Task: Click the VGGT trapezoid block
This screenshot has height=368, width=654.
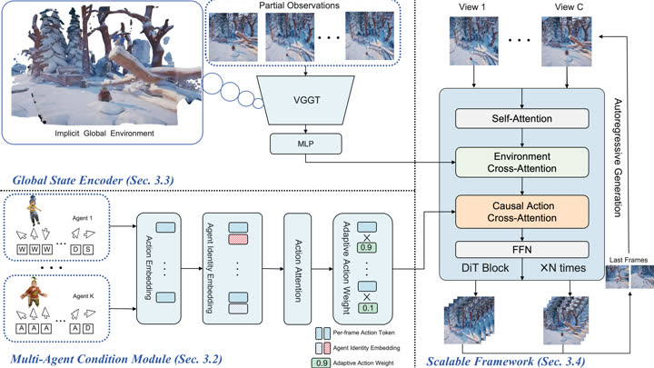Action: tap(306, 100)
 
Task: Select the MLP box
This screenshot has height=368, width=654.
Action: tap(306, 144)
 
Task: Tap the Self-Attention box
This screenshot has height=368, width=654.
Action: tap(521, 118)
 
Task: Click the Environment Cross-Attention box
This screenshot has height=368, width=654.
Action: tap(521, 163)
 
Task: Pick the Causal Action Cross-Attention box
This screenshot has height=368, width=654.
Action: tap(521, 212)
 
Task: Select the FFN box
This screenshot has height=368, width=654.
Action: tap(521, 250)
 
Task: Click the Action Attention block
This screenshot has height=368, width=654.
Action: tap(297, 269)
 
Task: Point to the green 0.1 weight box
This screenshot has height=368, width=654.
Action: tap(367, 308)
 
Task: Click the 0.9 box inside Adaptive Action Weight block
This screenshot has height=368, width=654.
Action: tap(367, 247)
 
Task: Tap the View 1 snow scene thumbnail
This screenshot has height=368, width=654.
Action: tap(474, 41)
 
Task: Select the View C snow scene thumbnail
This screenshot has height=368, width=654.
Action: tap(567, 41)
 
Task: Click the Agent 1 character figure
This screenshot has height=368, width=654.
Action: tap(34, 210)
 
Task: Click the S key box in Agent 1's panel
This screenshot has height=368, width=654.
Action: tap(87, 250)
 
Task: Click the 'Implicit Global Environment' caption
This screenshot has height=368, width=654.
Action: tap(104, 134)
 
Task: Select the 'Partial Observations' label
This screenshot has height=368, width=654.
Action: tap(299, 5)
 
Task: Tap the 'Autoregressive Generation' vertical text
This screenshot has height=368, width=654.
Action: tap(618, 157)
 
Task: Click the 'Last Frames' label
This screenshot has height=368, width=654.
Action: tap(629, 260)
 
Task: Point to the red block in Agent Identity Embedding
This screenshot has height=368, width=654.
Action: tap(238, 240)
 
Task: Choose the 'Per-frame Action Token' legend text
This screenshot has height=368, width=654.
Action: tap(363, 333)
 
